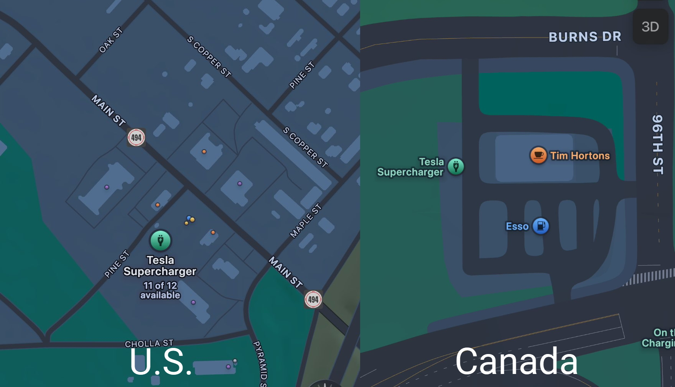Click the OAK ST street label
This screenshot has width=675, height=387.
click(110, 40)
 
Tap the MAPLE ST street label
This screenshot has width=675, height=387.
click(305, 221)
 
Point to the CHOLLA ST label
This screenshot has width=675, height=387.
click(149, 343)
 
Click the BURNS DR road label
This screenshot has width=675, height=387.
click(584, 37)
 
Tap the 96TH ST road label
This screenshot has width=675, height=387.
click(658, 144)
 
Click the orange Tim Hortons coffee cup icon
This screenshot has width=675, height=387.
click(538, 155)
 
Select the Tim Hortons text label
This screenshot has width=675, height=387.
click(580, 156)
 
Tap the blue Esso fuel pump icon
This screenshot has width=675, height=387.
click(541, 226)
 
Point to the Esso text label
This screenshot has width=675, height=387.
click(517, 226)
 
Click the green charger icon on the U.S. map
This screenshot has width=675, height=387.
click(161, 240)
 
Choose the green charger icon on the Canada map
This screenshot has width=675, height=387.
click(456, 167)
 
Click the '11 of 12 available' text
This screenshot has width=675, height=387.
click(160, 290)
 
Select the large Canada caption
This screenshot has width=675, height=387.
click(516, 361)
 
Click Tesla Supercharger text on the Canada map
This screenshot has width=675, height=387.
click(411, 167)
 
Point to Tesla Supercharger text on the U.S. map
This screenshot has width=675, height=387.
click(160, 266)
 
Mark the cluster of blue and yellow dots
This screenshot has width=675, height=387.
click(189, 220)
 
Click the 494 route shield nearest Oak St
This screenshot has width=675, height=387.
click(136, 137)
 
